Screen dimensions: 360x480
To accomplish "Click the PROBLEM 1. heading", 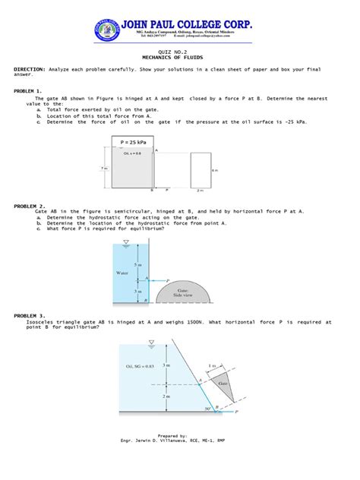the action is (30, 90).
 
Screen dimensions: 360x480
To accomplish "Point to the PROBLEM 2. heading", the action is (30, 206).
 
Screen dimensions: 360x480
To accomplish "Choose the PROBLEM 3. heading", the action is (30, 314).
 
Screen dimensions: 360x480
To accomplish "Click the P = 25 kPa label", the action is (132, 142).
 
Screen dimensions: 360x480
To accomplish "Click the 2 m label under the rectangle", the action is (199, 191).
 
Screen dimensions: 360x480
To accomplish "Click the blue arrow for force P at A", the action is (160, 280).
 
